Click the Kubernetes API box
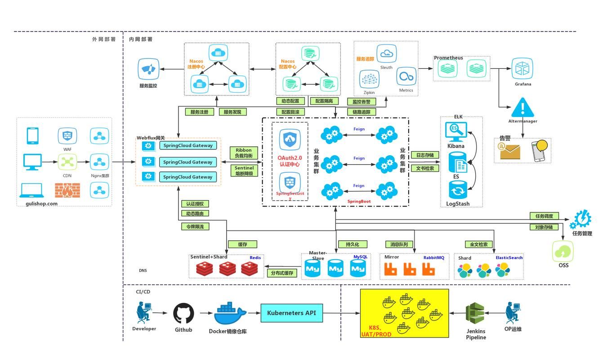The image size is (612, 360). click(291, 313)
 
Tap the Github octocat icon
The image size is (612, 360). click(184, 313)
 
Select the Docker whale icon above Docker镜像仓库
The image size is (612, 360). click(230, 314)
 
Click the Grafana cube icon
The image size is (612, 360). click(523, 69)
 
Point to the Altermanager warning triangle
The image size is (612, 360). click(522, 108)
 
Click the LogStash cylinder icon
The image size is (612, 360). click(458, 190)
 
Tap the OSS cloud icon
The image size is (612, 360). click(563, 251)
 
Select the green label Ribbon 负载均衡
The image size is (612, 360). click(244, 153)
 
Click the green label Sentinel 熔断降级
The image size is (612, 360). click(244, 171)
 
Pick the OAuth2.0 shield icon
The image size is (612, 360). click(290, 140)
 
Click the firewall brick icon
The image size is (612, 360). click(67, 190)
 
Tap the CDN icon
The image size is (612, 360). click(67, 162)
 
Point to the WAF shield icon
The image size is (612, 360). click(67, 135)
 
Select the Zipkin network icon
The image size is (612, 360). click(369, 80)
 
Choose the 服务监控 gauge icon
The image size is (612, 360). click(148, 69)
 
